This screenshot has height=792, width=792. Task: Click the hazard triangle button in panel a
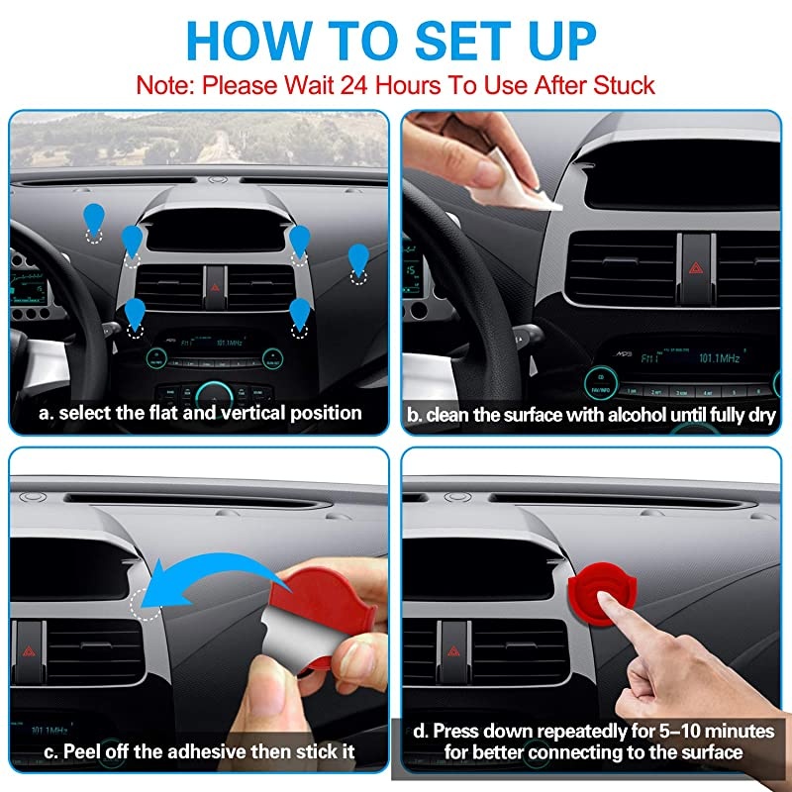[x=215, y=285]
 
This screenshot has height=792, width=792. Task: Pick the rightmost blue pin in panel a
[x=358, y=259]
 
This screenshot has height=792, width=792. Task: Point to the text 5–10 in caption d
[x=673, y=732]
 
